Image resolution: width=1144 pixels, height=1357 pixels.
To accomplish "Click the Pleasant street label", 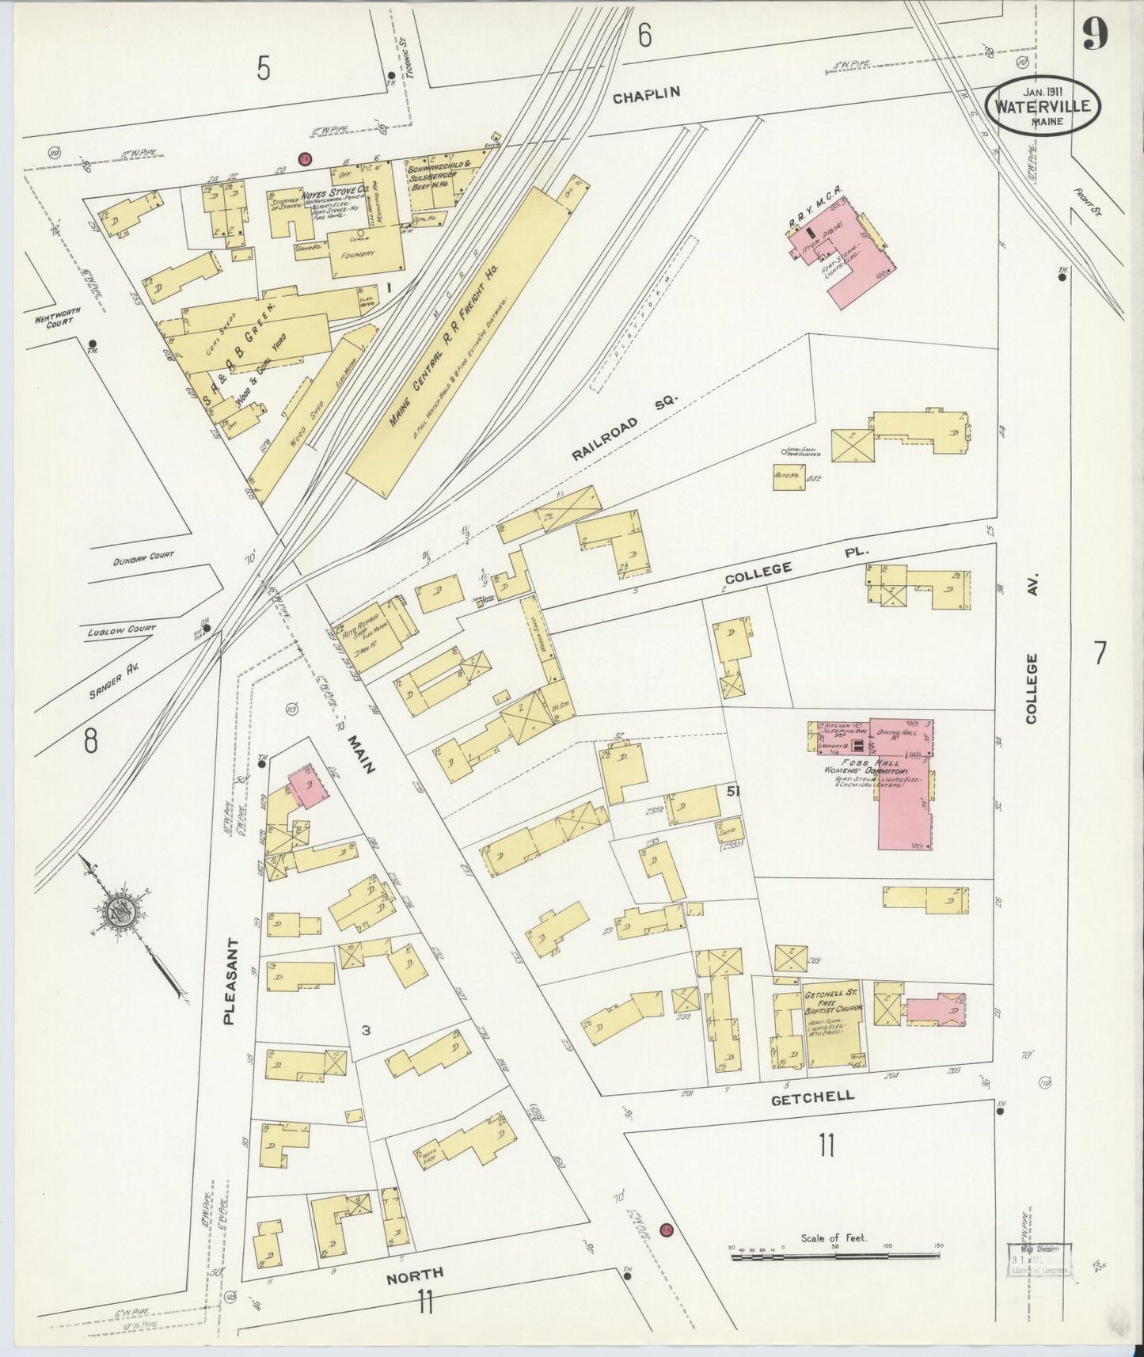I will [x=230, y=982].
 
